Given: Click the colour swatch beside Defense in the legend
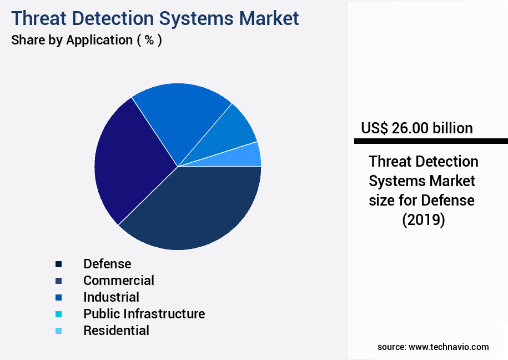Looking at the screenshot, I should (x=58, y=264).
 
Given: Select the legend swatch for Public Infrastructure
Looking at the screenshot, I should (x=58, y=314).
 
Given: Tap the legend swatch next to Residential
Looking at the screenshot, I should (x=58, y=331).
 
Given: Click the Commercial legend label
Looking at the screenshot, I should (x=118, y=281).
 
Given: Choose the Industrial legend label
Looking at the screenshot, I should (x=111, y=297).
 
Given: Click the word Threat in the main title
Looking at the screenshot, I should (x=42, y=18).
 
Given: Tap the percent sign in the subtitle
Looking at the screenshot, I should (x=149, y=40).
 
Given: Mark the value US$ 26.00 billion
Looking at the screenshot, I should (x=416, y=128).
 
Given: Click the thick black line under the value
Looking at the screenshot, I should (x=431, y=141).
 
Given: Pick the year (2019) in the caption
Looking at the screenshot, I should (x=423, y=219).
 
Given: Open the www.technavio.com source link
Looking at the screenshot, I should (x=449, y=347).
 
